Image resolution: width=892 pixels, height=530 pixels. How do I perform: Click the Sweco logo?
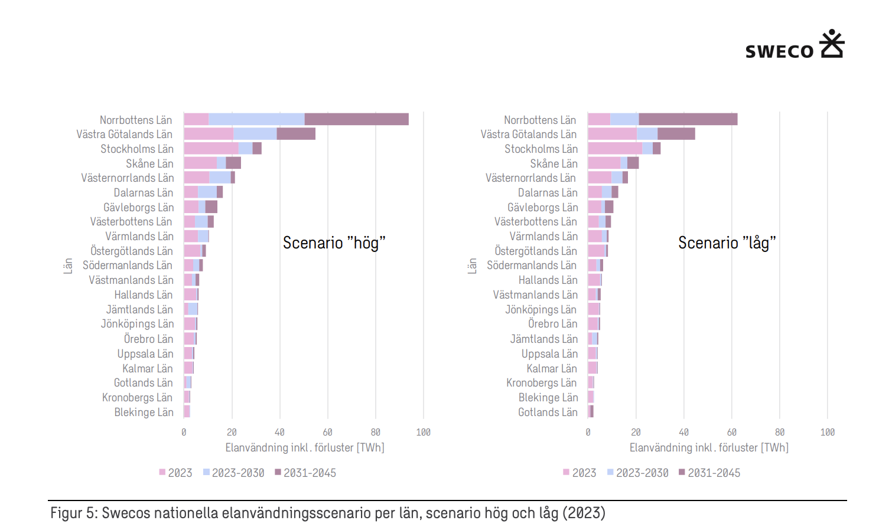[x=795, y=45]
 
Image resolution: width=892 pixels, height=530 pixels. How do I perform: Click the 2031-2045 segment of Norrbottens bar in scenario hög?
[x=356, y=119]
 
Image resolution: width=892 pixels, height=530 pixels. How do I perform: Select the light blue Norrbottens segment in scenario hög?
[x=256, y=119]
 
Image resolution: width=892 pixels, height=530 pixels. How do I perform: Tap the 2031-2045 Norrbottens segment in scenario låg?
[x=688, y=119]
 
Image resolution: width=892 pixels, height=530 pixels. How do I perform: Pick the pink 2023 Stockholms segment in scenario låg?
[x=614, y=149]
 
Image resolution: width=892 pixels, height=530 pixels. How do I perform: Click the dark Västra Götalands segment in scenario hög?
[x=296, y=134]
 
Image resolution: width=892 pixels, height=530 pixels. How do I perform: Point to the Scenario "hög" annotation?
[x=334, y=243]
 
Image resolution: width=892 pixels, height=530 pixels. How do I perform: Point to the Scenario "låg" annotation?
[x=727, y=243]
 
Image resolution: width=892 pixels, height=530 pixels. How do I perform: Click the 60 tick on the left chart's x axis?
[x=328, y=433]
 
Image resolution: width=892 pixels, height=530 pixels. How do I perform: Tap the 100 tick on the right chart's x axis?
[x=828, y=433]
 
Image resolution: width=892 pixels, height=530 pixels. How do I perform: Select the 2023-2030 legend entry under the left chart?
[x=234, y=473]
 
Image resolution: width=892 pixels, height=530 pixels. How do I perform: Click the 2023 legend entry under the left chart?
[x=175, y=473]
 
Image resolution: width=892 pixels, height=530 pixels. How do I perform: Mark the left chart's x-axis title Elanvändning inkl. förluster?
[x=305, y=448]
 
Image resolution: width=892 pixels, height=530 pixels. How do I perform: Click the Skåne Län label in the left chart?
[x=149, y=163]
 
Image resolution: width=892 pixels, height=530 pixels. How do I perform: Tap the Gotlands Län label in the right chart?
[x=548, y=412]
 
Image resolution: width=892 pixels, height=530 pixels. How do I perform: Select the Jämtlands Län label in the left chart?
[x=139, y=309]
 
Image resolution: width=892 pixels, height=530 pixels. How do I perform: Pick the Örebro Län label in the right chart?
[x=552, y=324]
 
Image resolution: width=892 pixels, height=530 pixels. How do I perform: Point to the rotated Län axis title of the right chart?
[x=472, y=266]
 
